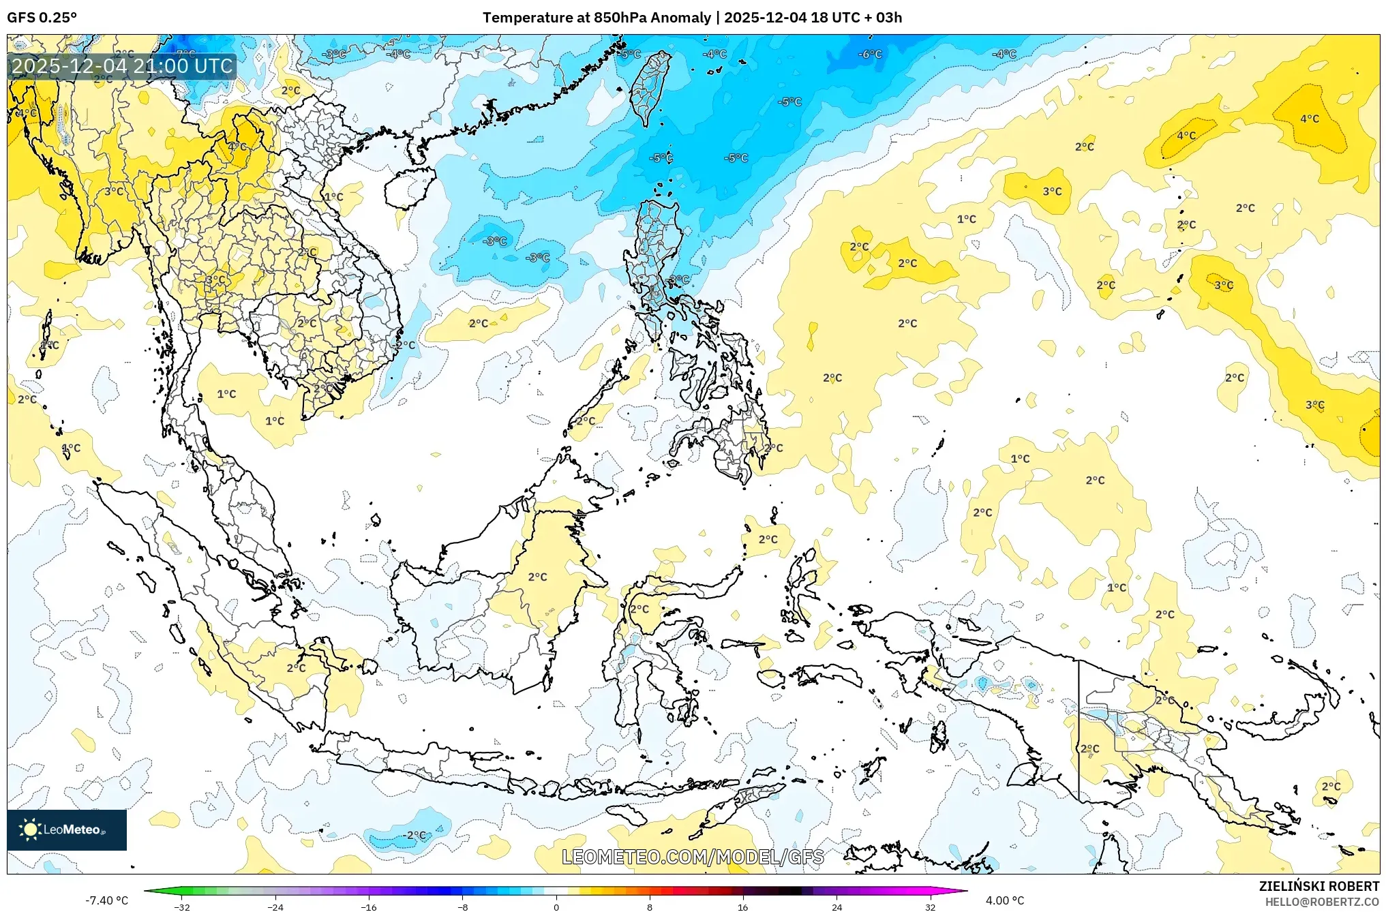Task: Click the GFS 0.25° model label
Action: pos(42,18)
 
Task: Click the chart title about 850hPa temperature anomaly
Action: pos(692,18)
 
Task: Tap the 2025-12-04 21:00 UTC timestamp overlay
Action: pos(123,66)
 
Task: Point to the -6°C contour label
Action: pos(870,54)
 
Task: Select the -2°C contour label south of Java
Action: pos(414,835)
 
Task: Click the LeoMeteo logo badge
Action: pos(67,830)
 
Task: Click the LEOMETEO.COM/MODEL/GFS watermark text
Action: pos(693,857)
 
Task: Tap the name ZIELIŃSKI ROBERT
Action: pos(1319,886)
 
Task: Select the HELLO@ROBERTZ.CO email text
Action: pos(1322,902)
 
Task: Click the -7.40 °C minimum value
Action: pos(106,900)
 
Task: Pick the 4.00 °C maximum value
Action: pos(1005,900)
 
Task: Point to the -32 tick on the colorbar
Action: pos(181,907)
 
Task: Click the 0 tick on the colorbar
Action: pos(556,907)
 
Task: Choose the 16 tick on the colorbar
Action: pos(742,907)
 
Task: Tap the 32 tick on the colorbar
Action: pos(930,907)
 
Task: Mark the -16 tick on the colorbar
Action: pos(369,907)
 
